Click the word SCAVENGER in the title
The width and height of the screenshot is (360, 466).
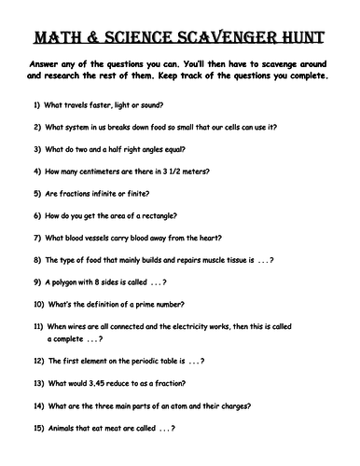(x=218, y=39)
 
